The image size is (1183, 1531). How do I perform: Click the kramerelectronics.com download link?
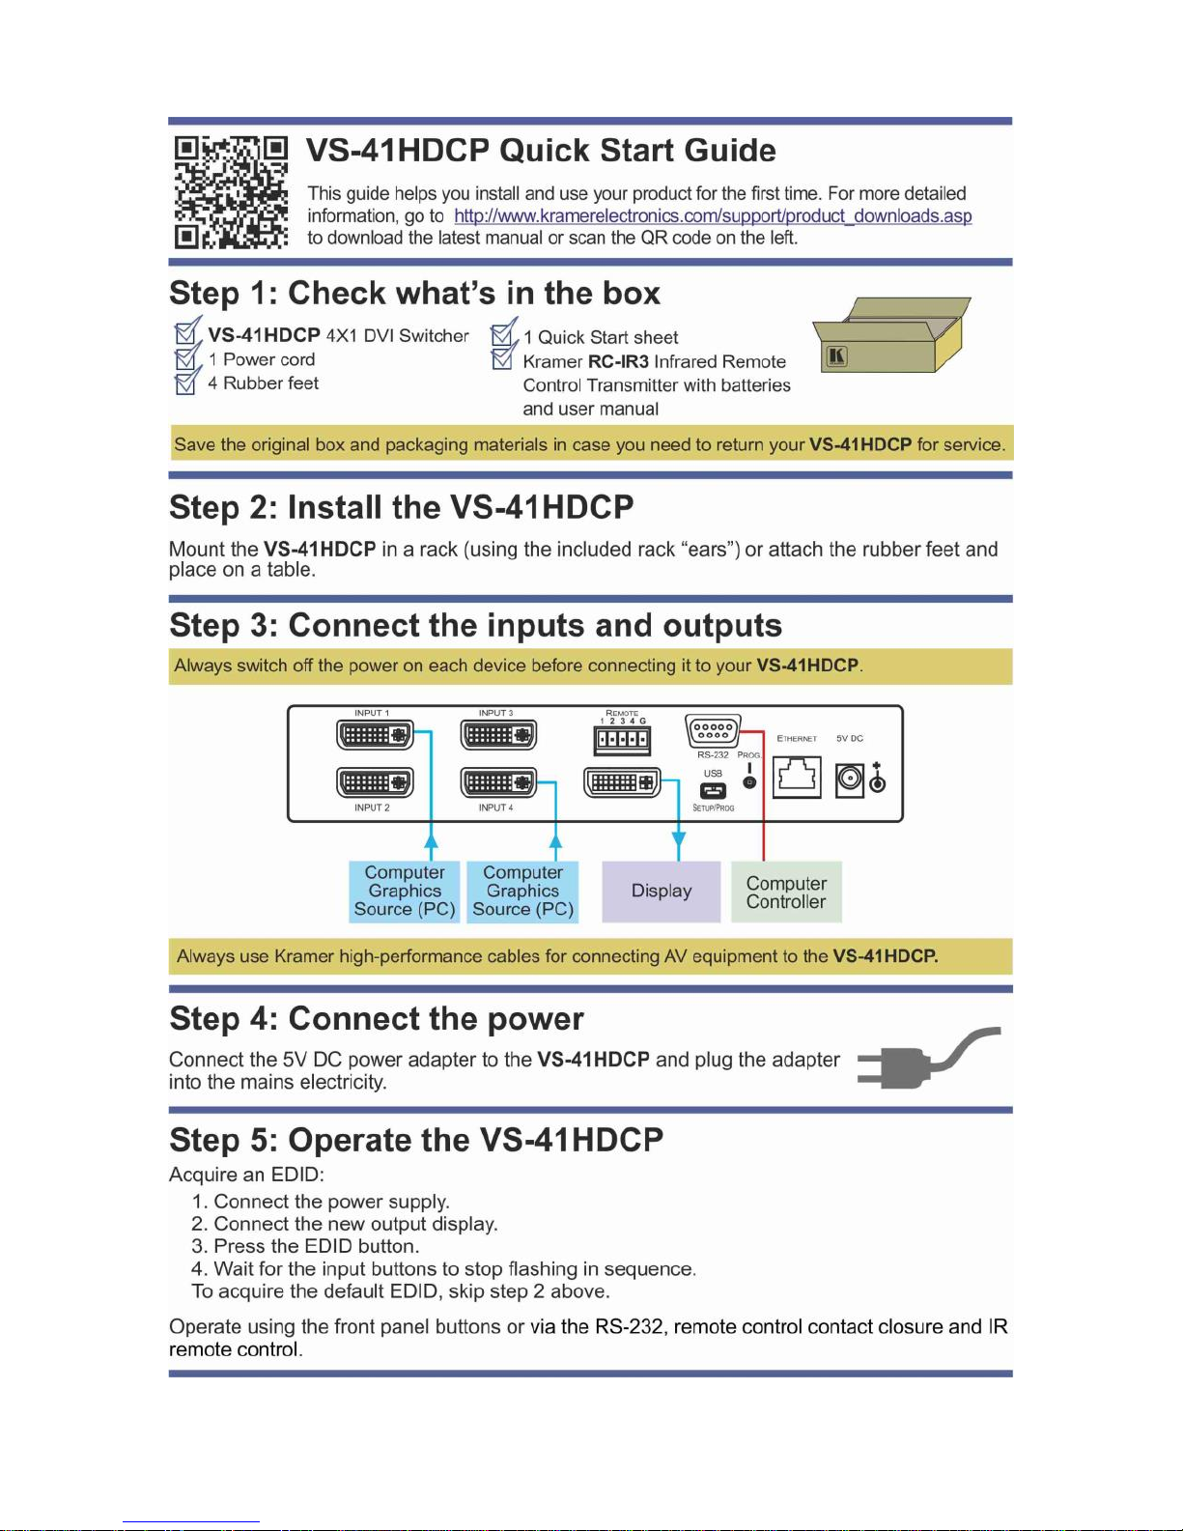[x=713, y=216]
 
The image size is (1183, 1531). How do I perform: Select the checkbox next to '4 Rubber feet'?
[x=185, y=383]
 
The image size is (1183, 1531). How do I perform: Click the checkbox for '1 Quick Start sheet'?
[x=502, y=336]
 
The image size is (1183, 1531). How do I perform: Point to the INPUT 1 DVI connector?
[x=375, y=735]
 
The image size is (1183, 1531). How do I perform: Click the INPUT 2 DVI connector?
[x=375, y=782]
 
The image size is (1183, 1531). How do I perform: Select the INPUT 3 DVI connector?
[x=498, y=735]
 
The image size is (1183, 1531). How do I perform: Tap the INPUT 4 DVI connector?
[x=498, y=782]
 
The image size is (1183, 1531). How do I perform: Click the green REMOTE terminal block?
[x=622, y=741]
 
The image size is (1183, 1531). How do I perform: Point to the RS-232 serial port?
[x=713, y=731]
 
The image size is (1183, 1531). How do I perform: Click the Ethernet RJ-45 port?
[x=797, y=776]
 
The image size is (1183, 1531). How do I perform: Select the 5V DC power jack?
[x=849, y=779]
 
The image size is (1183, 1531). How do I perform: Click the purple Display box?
[x=662, y=892]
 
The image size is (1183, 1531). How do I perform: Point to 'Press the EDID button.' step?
[x=305, y=1246]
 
